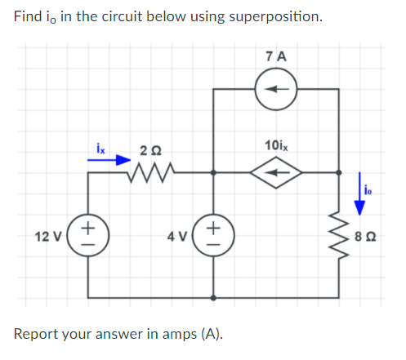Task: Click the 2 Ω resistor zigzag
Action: coord(150,172)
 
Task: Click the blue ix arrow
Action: coord(109,160)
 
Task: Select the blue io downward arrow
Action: coord(359,193)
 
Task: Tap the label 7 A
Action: coord(276,56)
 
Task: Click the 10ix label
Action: coord(276,145)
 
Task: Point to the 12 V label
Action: coord(48,236)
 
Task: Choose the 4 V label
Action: coord(177,236)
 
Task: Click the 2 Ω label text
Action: coord(150,151)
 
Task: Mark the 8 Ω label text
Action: coord(365,236)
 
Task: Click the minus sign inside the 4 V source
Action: coord(214,244)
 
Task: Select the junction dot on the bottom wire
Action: coord(213,298)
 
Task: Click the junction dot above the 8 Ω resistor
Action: coord(339,172)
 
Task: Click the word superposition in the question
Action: coord(275,17)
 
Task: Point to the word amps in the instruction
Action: coord(180,334)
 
